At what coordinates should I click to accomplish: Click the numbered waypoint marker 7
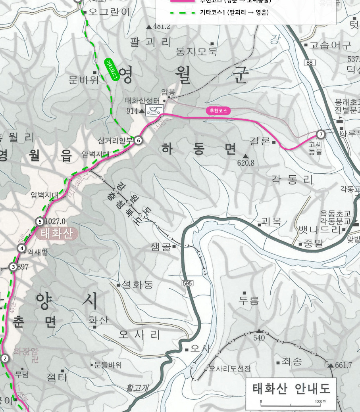[321, 134]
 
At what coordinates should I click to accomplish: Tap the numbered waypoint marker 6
[138, 140]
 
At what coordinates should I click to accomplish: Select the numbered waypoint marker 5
[39, 221]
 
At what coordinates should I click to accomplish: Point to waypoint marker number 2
[5, 358]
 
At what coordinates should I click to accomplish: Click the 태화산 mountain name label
[57, 234]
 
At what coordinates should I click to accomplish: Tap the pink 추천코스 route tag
[218, 111]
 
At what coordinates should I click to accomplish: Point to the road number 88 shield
[310, 62]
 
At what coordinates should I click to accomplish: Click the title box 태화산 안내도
[291, 388]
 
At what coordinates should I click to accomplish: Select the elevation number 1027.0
[56, 221]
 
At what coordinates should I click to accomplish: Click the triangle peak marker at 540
[259, 330]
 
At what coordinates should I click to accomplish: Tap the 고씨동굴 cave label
[316, 148]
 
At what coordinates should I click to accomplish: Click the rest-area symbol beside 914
[154, 110]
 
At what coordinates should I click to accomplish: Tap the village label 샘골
[161, 247]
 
